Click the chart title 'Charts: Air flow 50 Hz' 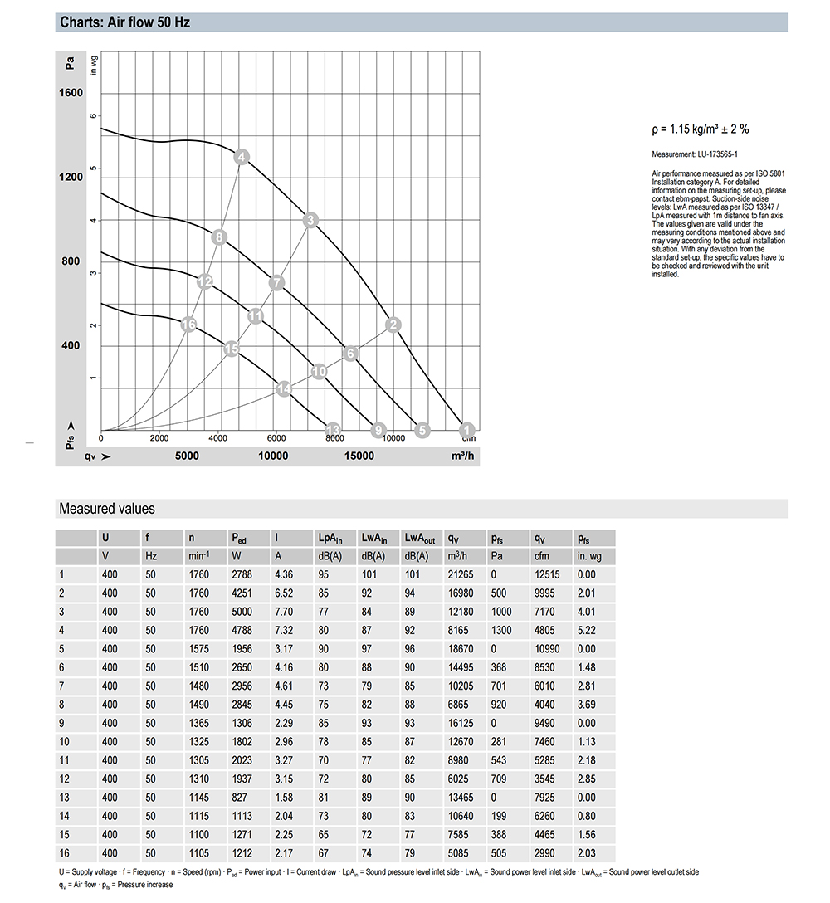[x=124, y=22]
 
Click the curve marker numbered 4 [x=242, y=157]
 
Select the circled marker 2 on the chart [x=394, y=325]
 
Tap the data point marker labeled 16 [x=189, y=324]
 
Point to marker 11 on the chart [x=256, y=315]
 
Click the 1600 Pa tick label [x=71, y=93]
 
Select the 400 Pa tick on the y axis [x=71, y=345]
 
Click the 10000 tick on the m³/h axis [x=273, y=456]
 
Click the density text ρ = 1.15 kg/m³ [x=701, y=129]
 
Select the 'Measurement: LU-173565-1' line [x=695, y=154]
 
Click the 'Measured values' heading [x=107, y=509]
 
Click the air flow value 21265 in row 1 [x=459, y=574]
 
